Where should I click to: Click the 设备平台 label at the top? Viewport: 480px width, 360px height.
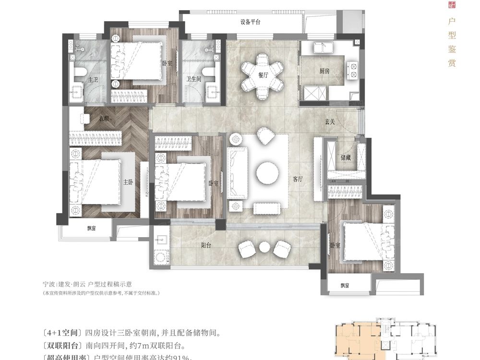tap(250, 23)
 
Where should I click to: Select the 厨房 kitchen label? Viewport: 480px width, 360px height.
tap(325, 71)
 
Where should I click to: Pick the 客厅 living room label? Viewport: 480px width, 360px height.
tap(298, 179)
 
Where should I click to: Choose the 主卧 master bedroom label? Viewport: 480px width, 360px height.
tap(128, 182)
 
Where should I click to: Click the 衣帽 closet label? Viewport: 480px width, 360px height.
tap(105, 118)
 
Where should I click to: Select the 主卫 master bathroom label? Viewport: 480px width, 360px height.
tap(93, 80)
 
